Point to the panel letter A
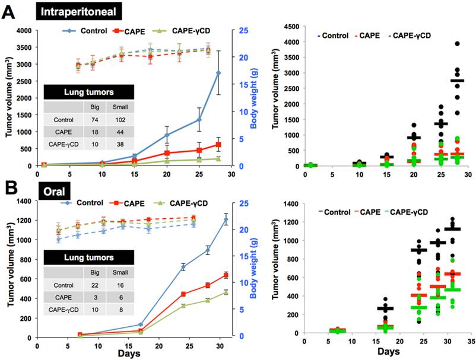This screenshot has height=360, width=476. [x=10, y=11]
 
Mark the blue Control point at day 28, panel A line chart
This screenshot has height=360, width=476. [x=218, y=73]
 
